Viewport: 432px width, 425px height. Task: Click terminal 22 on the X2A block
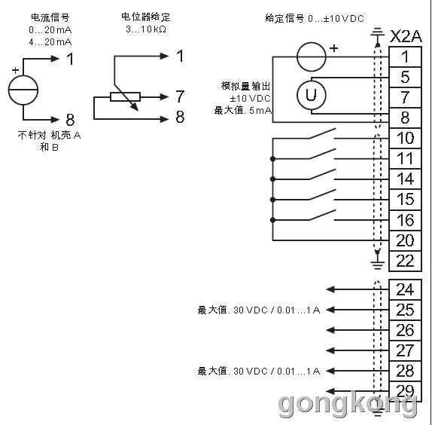(405, 261)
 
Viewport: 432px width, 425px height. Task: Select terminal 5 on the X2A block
(405, 77)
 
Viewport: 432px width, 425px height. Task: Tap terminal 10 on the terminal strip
(405, 138)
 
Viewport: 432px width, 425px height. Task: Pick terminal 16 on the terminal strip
(405, 220)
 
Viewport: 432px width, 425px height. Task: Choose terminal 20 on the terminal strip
(405, 240)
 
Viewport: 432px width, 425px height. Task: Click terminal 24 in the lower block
(405, 289)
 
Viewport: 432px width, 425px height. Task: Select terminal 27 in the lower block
(405, 350)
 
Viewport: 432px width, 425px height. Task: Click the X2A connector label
(406, 36)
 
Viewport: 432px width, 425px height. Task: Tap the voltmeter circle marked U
(312, 95)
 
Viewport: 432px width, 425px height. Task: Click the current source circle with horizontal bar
(23, 90)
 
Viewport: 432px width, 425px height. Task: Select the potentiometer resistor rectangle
(126, 96)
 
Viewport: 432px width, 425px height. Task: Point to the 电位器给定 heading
(146, 17)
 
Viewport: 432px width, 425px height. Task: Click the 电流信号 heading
(50, 17)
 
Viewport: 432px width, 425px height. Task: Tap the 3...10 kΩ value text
(146, 29)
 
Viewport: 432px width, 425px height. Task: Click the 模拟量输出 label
(245, 86)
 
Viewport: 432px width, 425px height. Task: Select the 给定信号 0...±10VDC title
(315, 19)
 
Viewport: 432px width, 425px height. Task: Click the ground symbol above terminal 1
(377, 32)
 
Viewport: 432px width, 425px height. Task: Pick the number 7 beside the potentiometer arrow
(180, 96)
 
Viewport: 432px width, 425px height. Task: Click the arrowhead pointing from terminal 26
(330, 330)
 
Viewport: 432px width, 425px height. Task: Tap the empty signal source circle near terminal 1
(312, 57)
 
